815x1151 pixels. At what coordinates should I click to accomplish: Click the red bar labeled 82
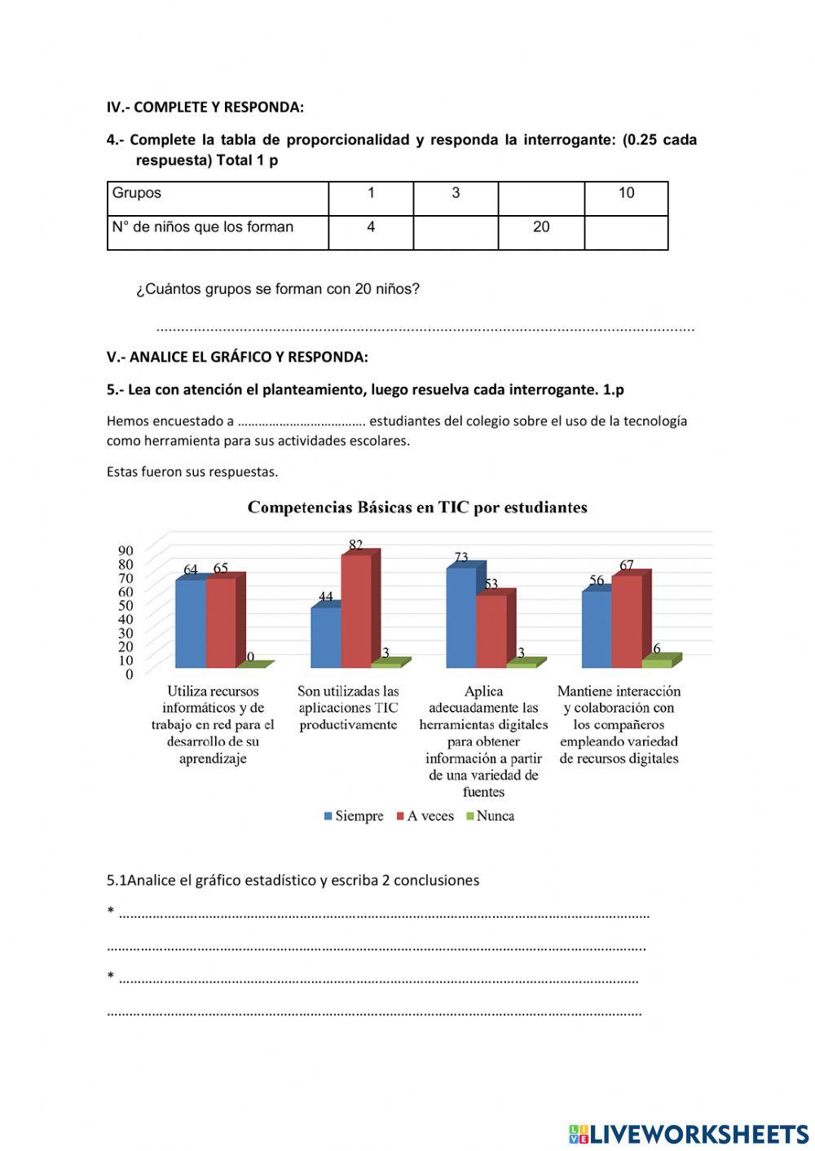coord(355,611)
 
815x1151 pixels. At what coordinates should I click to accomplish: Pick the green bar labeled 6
coord(656,663)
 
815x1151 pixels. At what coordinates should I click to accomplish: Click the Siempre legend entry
coord(353,815)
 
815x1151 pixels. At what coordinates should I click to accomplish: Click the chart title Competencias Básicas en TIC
coord(417,507)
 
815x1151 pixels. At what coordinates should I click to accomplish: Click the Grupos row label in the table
coord(137,193)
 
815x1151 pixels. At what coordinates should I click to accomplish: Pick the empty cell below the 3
coord(456,232)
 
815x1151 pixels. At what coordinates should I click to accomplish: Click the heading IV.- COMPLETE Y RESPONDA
coord(205,107)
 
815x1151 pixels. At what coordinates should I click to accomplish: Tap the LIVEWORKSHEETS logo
coord(689,1133)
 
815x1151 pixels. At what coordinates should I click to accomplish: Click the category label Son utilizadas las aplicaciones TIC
coord(348,708)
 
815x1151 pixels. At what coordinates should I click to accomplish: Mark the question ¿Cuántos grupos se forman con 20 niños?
coord(278,288)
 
